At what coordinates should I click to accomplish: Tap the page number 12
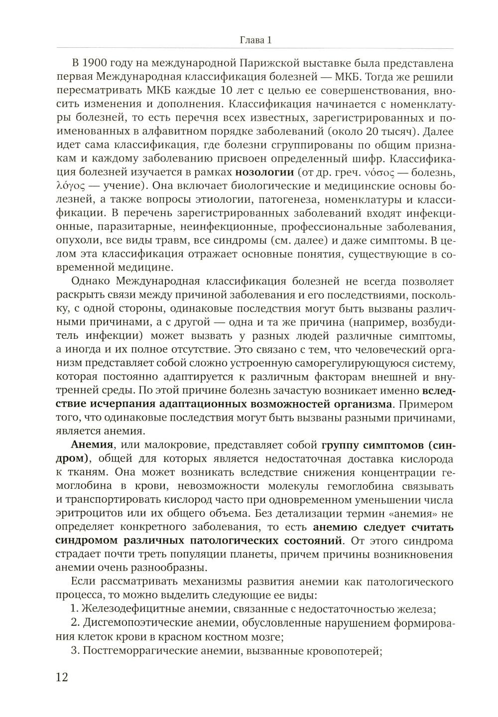pos(62,677)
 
